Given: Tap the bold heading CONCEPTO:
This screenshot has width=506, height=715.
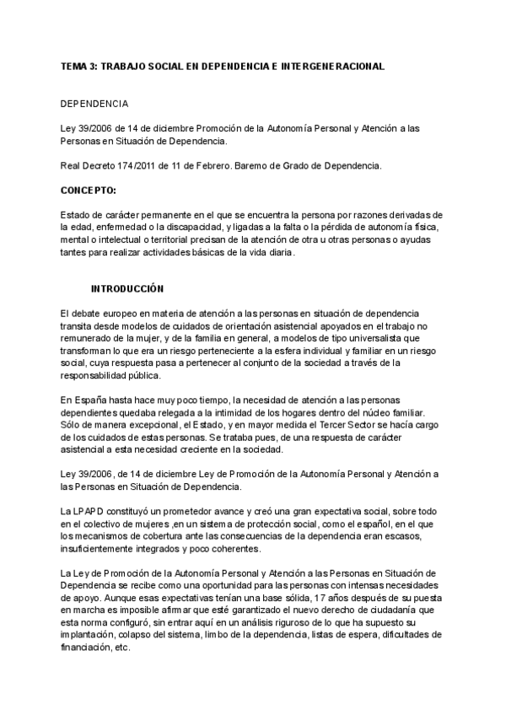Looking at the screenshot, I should [x=89, y=191].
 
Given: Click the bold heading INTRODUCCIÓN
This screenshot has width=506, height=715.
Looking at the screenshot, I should [x=126, y=288].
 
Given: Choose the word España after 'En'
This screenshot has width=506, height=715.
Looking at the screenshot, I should [x=91, y=399].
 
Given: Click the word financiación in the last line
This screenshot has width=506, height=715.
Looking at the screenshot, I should [x=89, y=647].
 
